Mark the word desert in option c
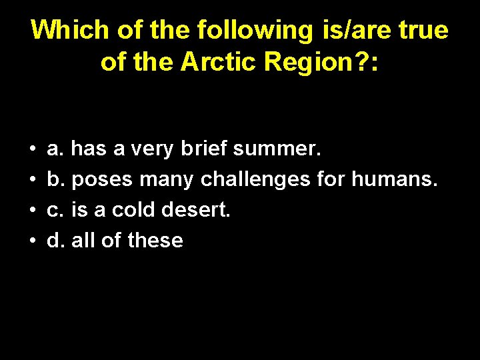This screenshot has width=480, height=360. [197, 210]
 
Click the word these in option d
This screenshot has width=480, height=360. [155, 240]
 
